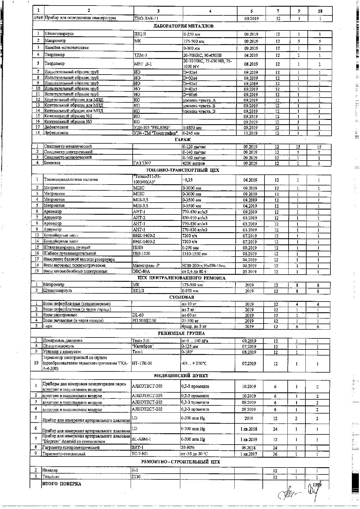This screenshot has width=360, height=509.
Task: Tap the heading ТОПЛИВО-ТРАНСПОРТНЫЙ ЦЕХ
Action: tap(182, 170)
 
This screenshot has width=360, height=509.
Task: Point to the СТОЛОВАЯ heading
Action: tap(182, 297)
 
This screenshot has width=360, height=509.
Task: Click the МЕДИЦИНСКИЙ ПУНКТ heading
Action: tap(181, 376)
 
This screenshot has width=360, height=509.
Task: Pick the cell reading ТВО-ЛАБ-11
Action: tap(146, 18)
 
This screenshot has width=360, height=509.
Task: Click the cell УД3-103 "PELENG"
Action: tap(152, 127)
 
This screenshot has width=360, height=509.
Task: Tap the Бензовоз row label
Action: tap(52, 163)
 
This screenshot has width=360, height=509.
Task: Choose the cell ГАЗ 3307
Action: tap(142, 163)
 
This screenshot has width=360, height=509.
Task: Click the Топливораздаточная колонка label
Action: tap(71, 179)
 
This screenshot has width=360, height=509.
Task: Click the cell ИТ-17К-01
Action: tap(142, 363)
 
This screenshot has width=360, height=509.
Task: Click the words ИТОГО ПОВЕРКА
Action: tap(62, 484)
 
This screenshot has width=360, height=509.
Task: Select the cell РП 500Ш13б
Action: tap(144, 321)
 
